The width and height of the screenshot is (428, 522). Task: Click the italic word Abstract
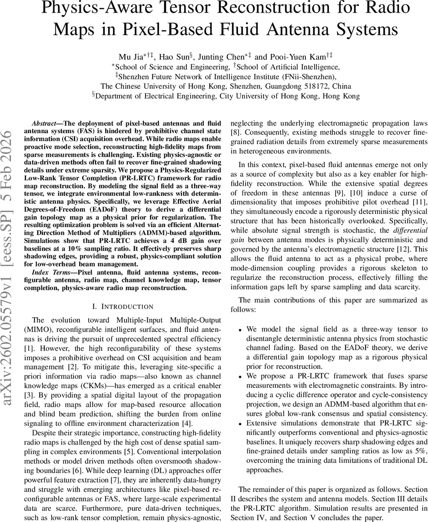[x=45, y=124]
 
